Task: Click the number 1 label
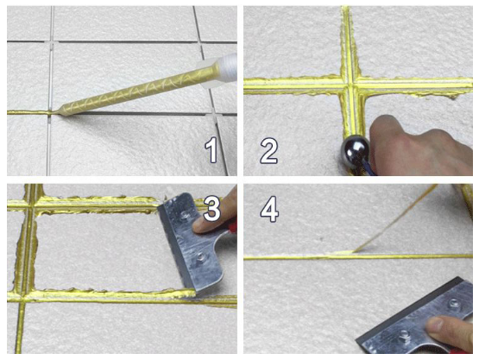point(211,149)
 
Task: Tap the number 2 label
point(268,151)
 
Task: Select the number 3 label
point(211,209)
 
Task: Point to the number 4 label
point(269,209)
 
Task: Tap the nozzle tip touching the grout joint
point(59,112)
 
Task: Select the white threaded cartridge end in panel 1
point(228,68)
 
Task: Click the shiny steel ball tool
point(356,152)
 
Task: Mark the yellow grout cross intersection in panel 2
point(352,82)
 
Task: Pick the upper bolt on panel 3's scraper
point(184,215)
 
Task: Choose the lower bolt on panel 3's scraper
point(200,256)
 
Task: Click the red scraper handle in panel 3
point(232,227)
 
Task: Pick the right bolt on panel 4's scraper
point(452,304)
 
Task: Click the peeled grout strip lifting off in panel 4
point(394,219)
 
